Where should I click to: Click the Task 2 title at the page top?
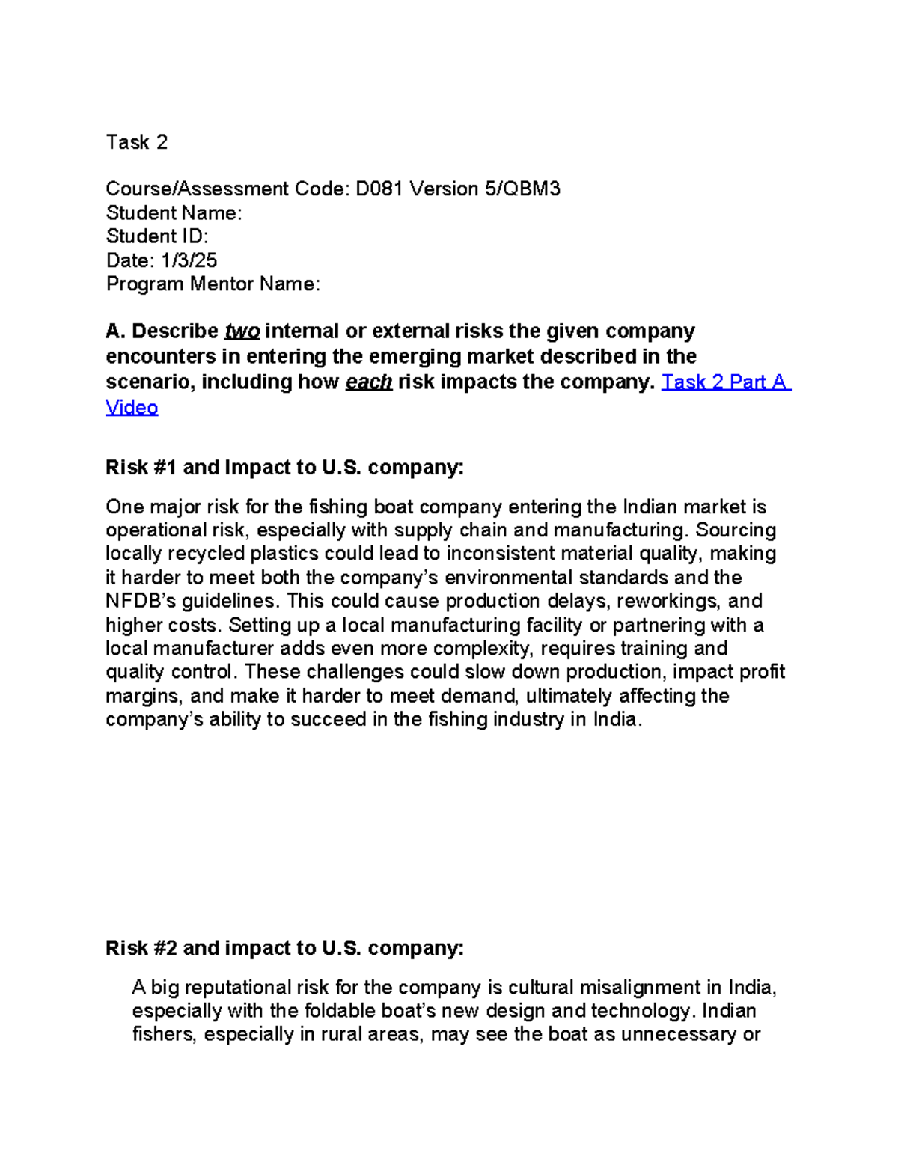[x=136, y=142]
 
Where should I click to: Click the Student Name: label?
[x=174, y=212]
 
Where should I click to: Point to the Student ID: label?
[x=156, y=236]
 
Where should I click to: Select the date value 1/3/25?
[x=189, y=260]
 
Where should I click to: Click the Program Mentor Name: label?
[x=213, y=284]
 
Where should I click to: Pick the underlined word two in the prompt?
[x=242, y=331]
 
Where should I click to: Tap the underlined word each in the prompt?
[x=368, y=382]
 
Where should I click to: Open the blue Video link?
[x=132, y=408]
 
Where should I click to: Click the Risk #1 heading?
[x=284, y=468]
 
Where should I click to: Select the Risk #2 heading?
[x=284, y=948]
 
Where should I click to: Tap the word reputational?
[x=236, y=988]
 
